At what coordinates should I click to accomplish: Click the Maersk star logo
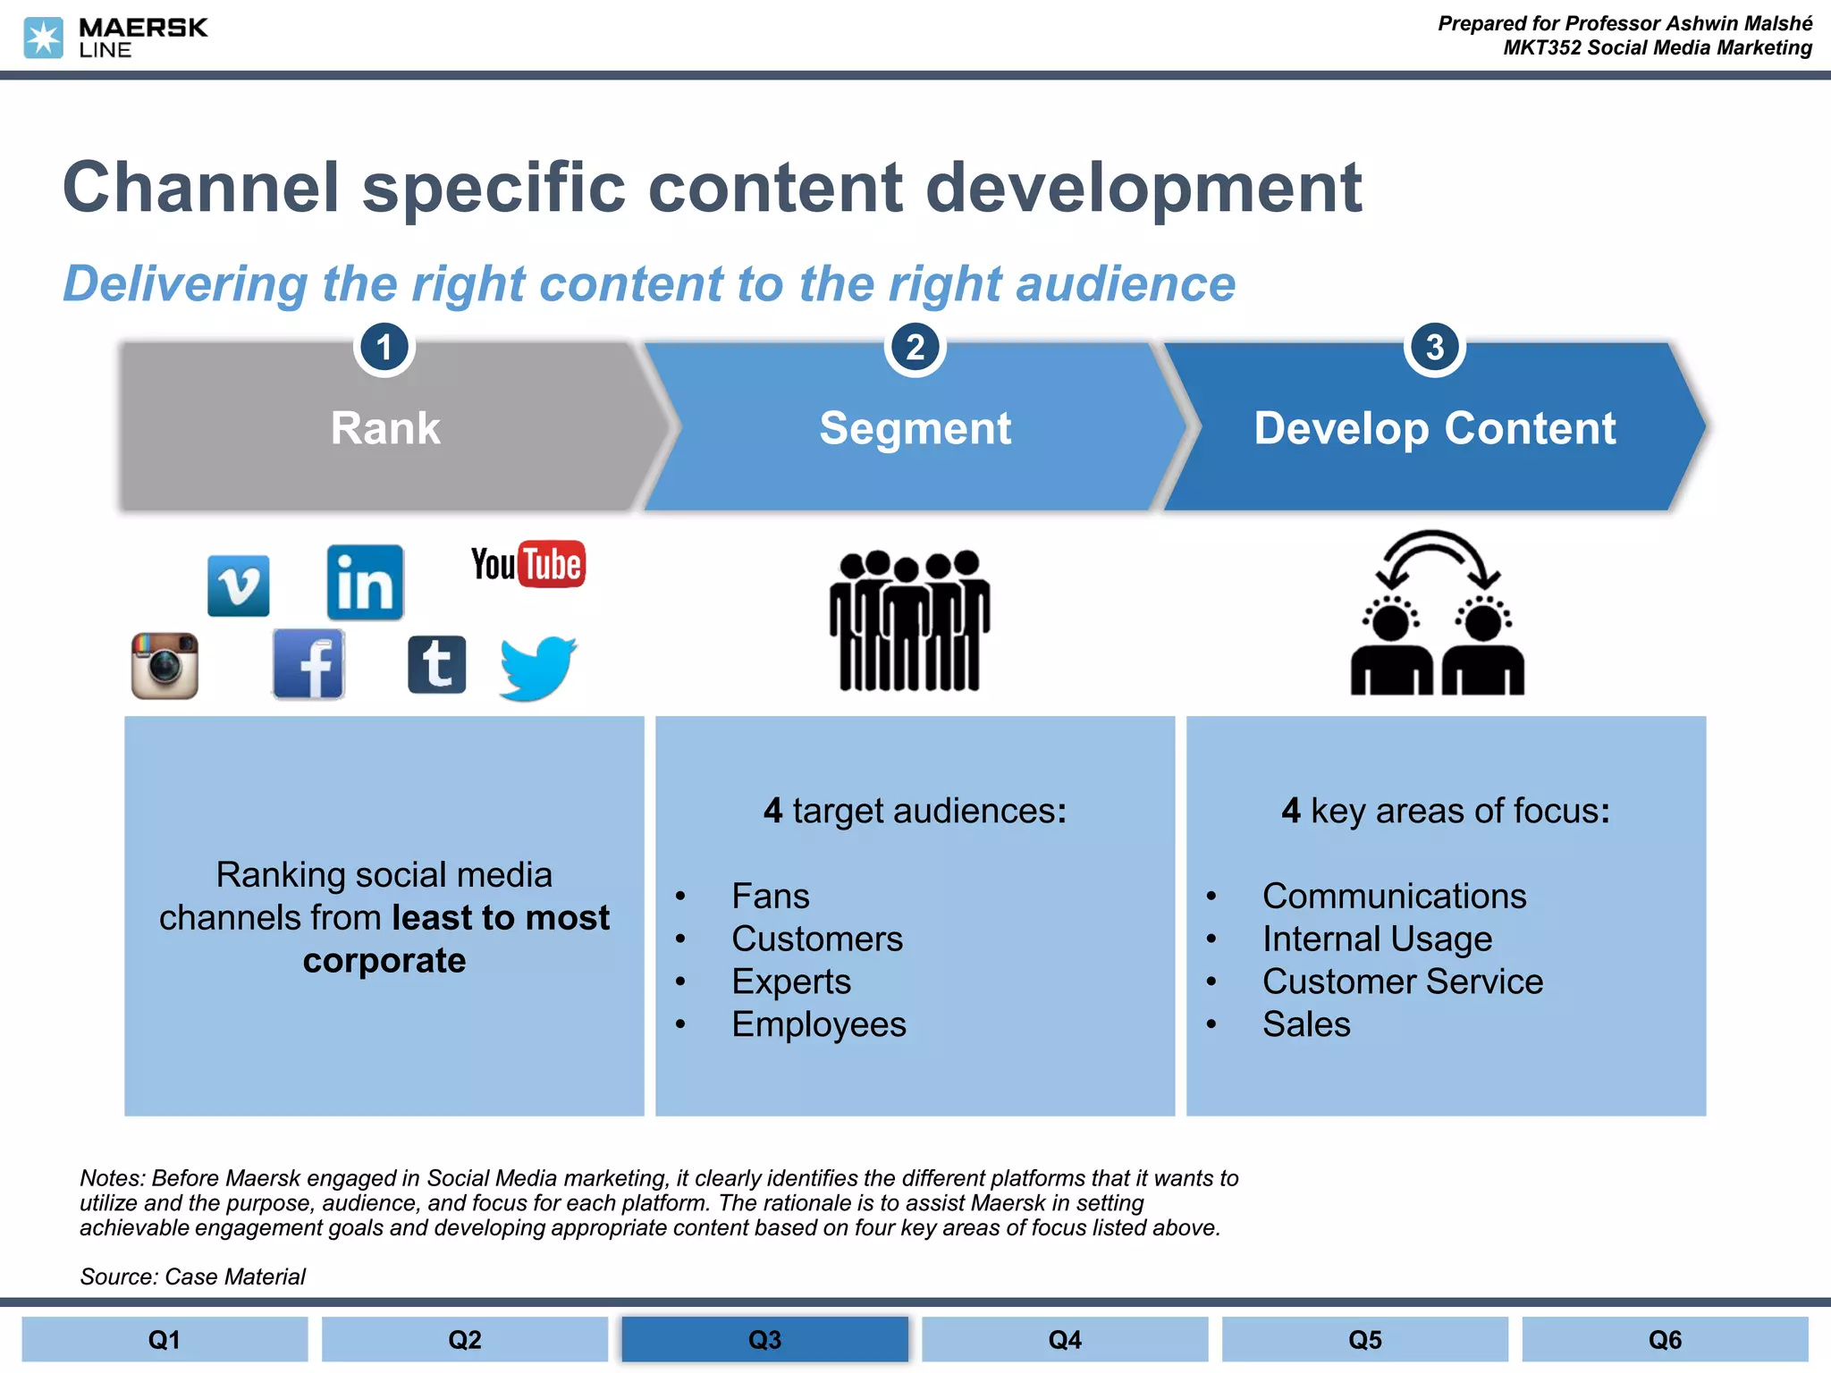[43, 38]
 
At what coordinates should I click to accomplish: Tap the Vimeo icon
[238, 585]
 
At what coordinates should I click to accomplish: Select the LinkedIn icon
[365, 583]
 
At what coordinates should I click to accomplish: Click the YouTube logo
[527, 564]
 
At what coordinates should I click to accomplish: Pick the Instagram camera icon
[165, 666]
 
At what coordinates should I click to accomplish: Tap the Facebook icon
[308, 664]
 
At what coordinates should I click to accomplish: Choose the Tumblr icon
[436, 665]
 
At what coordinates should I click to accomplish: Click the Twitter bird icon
[538, 668]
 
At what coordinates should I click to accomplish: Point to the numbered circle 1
[384, 348]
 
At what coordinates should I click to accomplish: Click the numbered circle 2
[915, 348]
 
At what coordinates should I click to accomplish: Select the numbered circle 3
[1434, 348]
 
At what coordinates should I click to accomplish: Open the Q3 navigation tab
[764, 1339]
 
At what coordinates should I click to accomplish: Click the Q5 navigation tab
[1364, 1339]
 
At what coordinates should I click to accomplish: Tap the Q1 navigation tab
[165, 1339]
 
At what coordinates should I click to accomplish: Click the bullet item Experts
[790, 981]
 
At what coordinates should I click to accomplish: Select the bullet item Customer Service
[1402, 981]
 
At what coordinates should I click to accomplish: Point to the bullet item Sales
[1305, 1024]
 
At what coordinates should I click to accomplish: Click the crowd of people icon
[909, 620]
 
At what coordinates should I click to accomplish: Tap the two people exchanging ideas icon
[1437, 614]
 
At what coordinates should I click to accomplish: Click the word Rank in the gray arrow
[385, 427]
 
